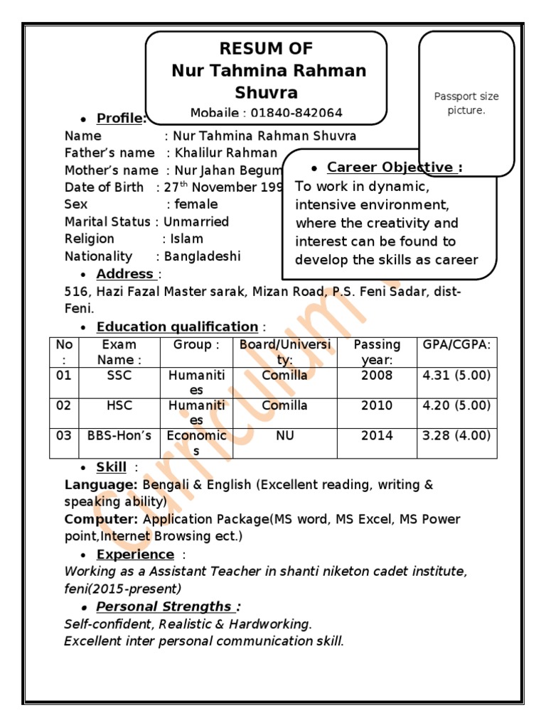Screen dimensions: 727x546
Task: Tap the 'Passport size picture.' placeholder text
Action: [x=466, y=104]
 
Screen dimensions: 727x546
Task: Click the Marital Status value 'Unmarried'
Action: [x=196, y=222]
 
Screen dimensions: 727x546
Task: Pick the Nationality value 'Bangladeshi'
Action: [x=202, y=256]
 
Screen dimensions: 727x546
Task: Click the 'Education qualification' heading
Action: [x=177, y=327]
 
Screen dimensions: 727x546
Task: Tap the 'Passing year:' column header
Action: [x=377, y=352]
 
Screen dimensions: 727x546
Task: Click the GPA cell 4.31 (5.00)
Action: [x=456, y=376]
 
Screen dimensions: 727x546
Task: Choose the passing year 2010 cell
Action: [x=377, y=405]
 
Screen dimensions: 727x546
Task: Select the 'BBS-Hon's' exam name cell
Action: [x=119, y=436]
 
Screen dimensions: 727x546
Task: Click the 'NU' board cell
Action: [x=284, y=436]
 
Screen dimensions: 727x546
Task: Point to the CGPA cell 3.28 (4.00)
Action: [x=456, y=436]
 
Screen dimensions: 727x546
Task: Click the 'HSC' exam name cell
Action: [x=119, y=405]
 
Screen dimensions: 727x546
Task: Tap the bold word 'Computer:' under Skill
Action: [x=94, y=519]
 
